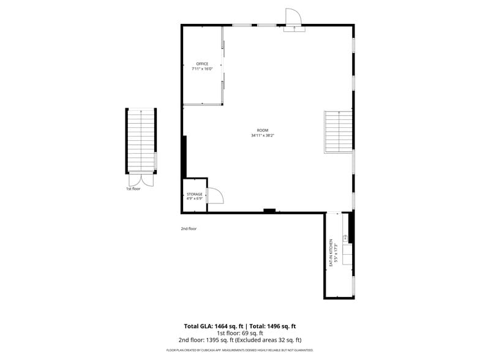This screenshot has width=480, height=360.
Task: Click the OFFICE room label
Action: pos(202,64)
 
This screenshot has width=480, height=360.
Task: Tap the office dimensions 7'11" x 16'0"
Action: pos(202,69)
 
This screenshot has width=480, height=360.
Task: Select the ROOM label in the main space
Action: pos(262,130)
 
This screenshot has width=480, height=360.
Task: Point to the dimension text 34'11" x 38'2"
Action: pos(262,135)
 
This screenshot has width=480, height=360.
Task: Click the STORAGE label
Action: pos(194,194)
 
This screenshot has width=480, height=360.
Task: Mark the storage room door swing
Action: pos(215,196)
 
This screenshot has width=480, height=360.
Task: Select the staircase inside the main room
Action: pos(339,131)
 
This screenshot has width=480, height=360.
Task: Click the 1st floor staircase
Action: pos(141,140)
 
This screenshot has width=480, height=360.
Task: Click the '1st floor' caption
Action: pos(133,189)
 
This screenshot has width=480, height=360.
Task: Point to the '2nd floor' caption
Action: pos(189,228)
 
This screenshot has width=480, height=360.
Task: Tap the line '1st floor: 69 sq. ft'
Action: pos(239,333)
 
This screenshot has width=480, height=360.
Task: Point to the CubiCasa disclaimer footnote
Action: pos(239,350)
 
